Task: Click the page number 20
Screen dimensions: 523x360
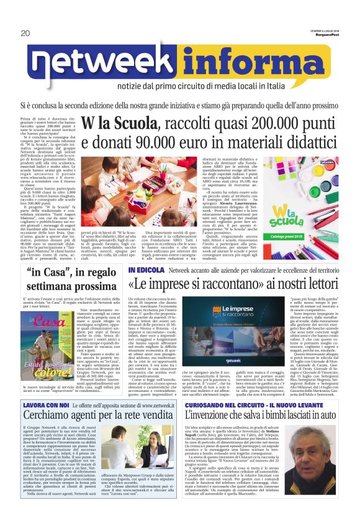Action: pyautogui.click(x=25, y=33)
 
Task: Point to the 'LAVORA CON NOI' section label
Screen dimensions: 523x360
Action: pyautogui.click(x=45, y=422)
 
